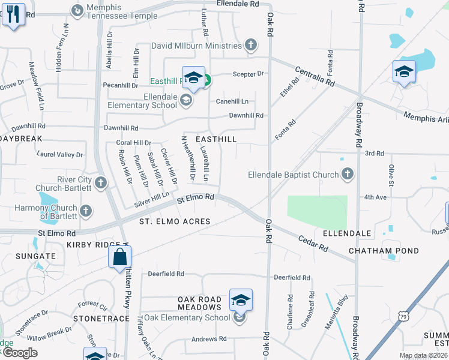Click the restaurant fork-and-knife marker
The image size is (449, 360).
click(x=13, y=14)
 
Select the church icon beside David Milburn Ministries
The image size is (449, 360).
click(x=251, y=45)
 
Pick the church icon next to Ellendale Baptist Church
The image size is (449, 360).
click(x=346, y=175)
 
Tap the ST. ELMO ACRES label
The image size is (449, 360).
click(x=175, y=221)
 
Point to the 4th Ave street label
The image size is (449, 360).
click(x=377, y=196)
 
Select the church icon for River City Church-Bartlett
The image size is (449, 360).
click(x=100, y=182)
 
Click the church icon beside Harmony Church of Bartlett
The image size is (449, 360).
click(x=86, y=211)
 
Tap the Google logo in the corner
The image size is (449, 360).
click(x=19, y=353)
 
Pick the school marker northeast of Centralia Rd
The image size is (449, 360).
click(x=404, y=72)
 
